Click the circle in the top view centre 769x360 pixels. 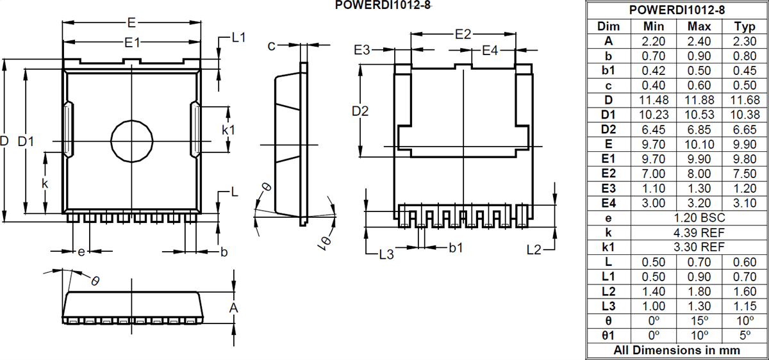click(x=131, y=140)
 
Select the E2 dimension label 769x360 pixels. click(x=463, y=34)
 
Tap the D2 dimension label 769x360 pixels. click(x=360, y=111)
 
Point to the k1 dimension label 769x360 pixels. click(x=228, y=130)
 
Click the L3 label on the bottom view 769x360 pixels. click(x=386, y=254)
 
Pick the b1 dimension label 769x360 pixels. click(x=456, y=247)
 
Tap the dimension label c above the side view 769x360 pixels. click(x=272, y=45)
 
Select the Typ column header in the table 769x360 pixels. click(x=744, y=26)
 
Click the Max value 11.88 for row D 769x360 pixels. click(x=699, y=100)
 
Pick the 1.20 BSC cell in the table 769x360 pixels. click(x=699, y=218)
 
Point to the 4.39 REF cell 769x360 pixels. click(x=699, y=233)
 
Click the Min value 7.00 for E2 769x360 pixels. click(x=654, y=174)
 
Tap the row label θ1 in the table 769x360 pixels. click(x=608, y=336)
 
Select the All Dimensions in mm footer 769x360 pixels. click(x=677, y=350)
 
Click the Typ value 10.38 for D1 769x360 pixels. click(x=744, y=115)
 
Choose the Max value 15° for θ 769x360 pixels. click(x=699, y=321)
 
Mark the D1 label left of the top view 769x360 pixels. click(x=26, y=141)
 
